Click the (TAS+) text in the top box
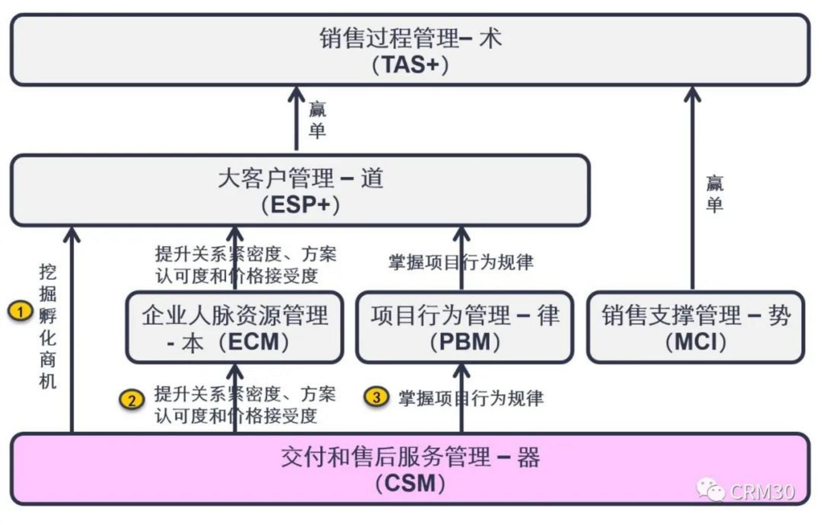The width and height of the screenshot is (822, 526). tap(410, 64)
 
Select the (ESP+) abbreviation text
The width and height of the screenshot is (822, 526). tap(300, 205)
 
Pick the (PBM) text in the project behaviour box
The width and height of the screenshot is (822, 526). tap(465, 342)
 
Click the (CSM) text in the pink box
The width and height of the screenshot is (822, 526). tap(410, 483)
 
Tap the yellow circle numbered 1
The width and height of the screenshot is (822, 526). tap(20, 311)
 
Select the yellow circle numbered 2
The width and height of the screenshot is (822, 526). tap(131, 400)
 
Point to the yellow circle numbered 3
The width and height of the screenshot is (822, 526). tap(376, 397)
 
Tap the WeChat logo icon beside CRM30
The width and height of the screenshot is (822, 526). tap(710, 490)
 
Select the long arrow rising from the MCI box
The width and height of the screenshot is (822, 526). tap(693, 193)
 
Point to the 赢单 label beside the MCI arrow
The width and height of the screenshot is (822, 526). tap(714, 194)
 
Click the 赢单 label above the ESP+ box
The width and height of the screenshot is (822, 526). tap(317, 120)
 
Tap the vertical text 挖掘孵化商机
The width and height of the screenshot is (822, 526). tap(47, 326)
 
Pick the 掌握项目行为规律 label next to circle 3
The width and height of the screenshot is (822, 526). tap(471, 398)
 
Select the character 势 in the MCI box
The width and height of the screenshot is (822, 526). tap(779, 315)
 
